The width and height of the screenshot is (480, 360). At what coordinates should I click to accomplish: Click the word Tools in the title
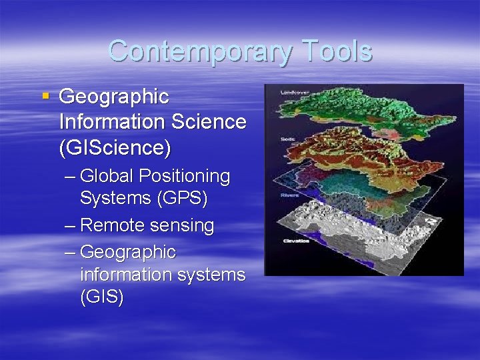tap(336, 51)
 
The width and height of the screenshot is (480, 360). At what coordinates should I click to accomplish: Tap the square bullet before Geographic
tap(46, 97)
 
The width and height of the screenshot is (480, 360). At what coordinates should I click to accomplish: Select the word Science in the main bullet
tap(208, 122)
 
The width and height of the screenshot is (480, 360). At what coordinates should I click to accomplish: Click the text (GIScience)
tap(115, 147)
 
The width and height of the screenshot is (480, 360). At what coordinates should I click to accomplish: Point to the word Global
tap(107, 177)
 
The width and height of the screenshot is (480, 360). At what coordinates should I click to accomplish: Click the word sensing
tap(182, 226)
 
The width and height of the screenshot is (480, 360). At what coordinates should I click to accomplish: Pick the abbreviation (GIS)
tap(101, 297)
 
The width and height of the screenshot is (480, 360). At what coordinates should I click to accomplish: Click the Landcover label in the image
tap(291, 91)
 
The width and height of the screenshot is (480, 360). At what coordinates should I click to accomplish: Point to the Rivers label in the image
tap(289, 195)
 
